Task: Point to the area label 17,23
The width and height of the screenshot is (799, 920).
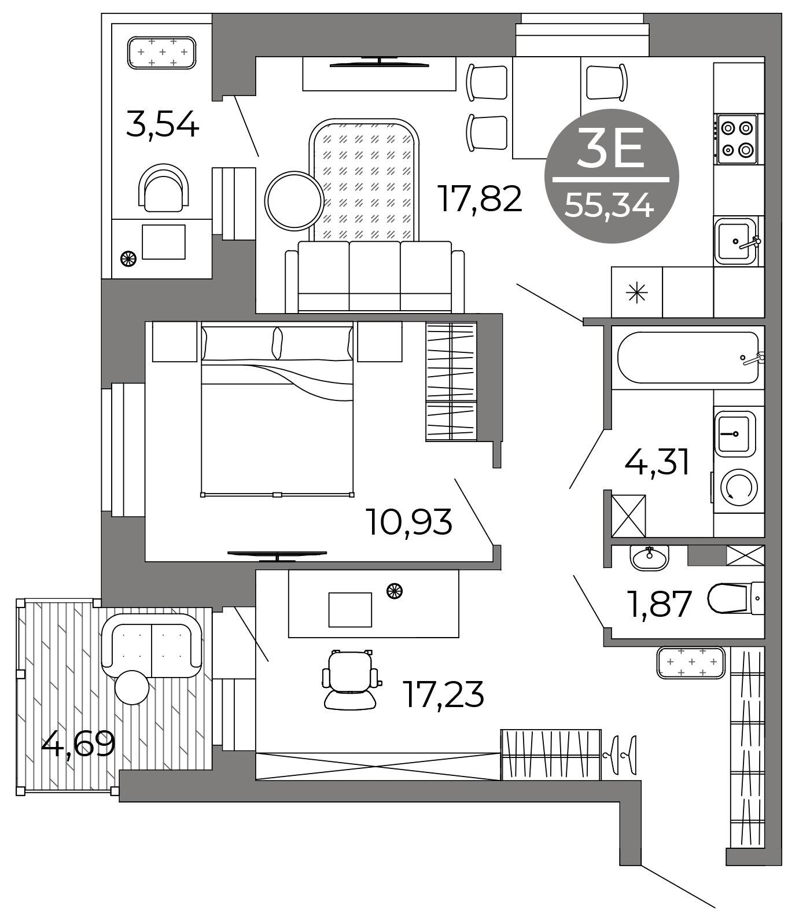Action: (443, 694)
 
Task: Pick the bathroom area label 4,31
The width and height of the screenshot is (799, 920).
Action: (657, 462)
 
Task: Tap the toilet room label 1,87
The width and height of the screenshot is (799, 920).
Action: (660, 603)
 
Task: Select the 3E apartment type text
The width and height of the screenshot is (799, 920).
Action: (611, 149)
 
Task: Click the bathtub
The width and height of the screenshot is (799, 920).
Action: (688, 357)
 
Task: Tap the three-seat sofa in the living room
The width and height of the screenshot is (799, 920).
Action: (374, 277)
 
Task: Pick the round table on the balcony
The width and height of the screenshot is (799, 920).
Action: (132, 687)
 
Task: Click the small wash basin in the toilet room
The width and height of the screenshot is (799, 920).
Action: (649, 557)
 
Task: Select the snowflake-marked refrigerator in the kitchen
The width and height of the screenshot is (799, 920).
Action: (637, 292)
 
